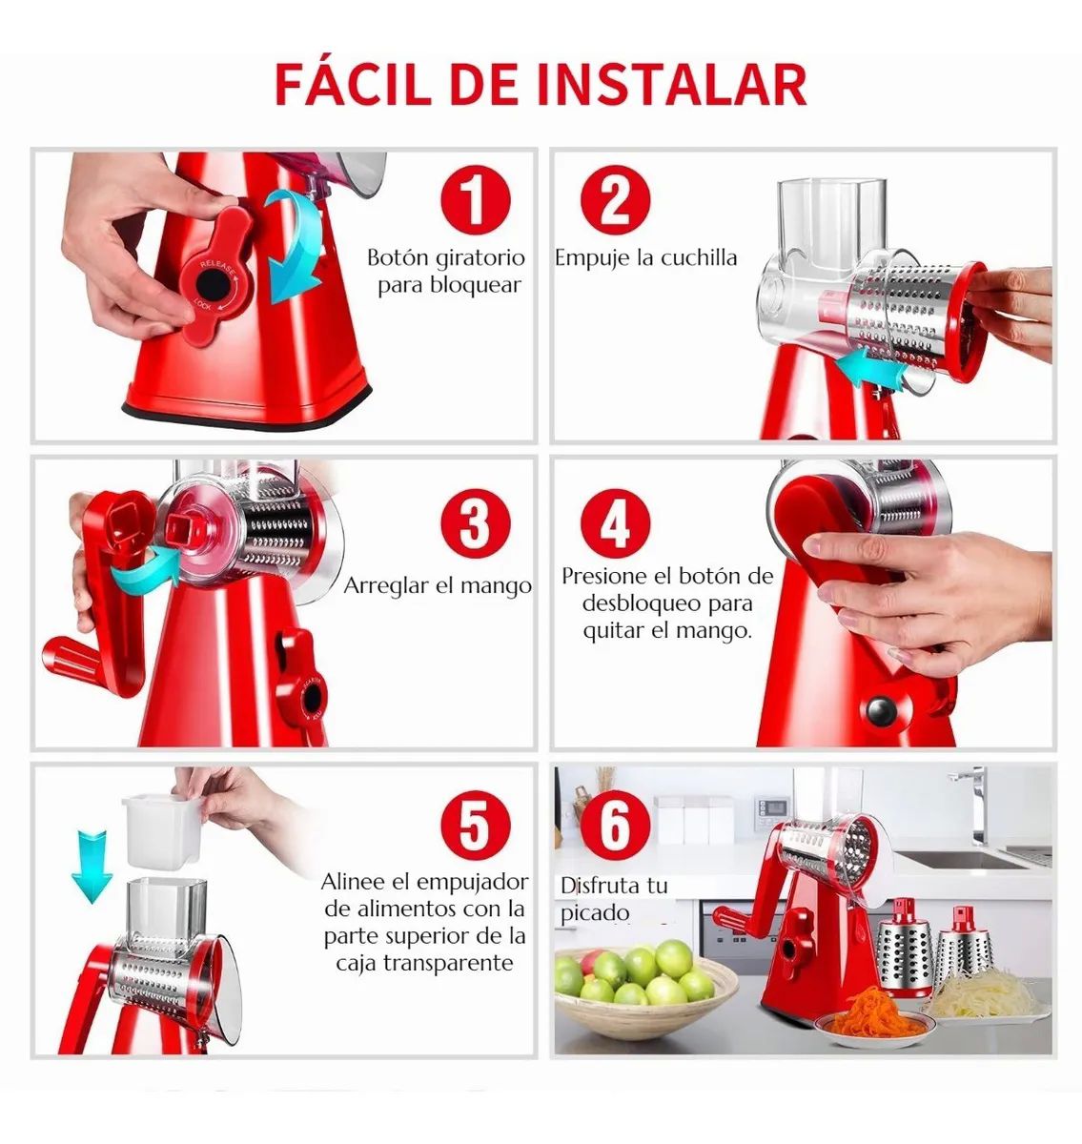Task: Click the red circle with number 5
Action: pos(474,826)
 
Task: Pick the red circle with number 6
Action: pos(615,826)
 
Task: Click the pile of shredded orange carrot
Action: pos(868,1011)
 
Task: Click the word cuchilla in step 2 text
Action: pos(699,257)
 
